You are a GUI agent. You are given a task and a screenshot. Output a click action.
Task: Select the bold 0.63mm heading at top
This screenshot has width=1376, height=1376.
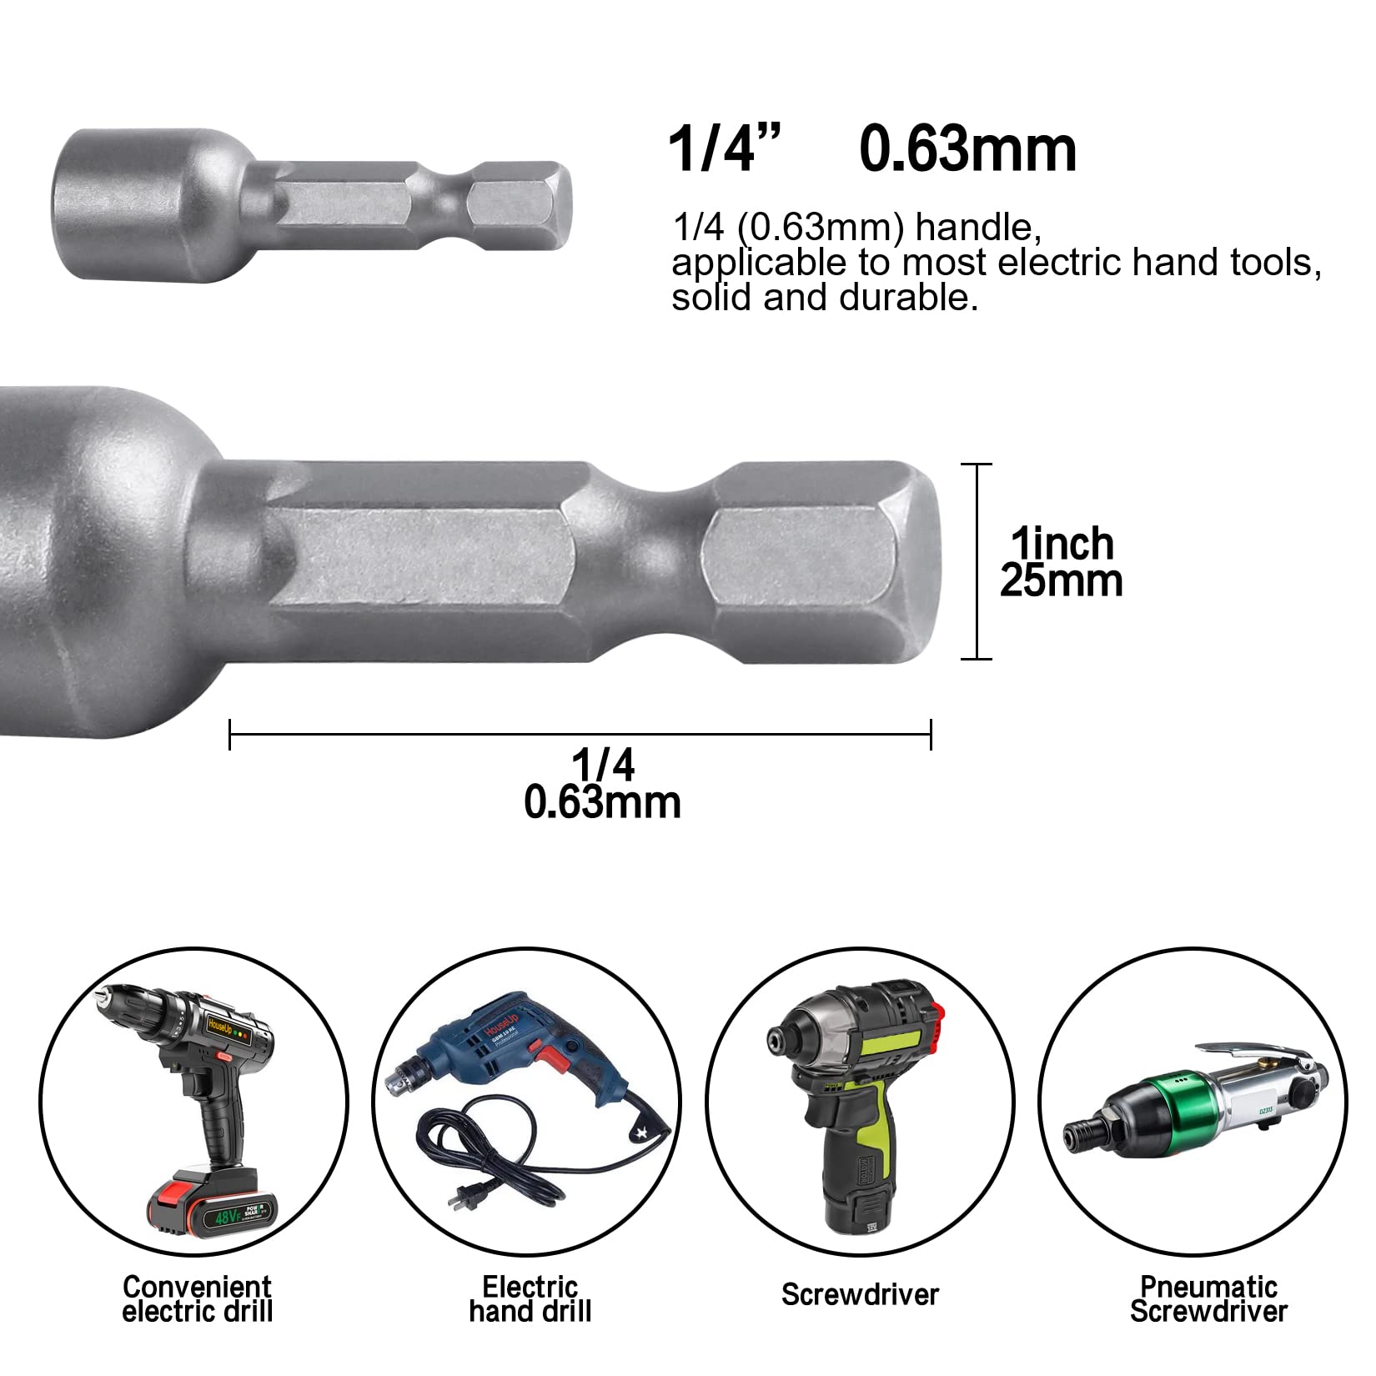click(967, 150)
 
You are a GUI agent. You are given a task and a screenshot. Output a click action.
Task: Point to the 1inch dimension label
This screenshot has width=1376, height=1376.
click(1062, 544)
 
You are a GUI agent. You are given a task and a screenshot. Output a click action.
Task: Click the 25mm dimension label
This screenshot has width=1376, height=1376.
click(1062, 581)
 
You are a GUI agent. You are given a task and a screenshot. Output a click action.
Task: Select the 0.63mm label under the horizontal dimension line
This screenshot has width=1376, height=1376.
click(602, 802)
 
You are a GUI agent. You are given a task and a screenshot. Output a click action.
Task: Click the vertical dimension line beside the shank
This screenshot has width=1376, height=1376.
click(977, 560)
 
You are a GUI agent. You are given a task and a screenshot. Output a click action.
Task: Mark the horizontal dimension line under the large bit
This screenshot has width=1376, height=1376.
click(580, 734)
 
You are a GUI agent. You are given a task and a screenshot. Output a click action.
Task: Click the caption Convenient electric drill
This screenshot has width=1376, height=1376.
click(198, 1298)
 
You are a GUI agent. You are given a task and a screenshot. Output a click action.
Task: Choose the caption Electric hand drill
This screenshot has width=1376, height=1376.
click(530, 1298)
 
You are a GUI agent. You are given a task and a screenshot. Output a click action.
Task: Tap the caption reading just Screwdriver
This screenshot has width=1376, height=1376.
click(860, 1294)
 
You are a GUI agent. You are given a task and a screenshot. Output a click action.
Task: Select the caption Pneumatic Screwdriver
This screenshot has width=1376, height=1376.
click(1208, 1298)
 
